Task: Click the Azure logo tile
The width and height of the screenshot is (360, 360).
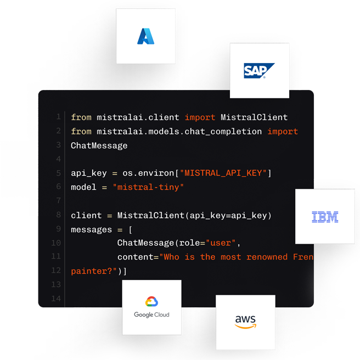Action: tap(146, 36)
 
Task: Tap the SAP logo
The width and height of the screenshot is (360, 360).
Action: tap(259, 71)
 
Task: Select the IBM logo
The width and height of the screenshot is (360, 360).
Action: tap(325, 217)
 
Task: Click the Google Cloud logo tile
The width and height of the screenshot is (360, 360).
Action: tap(151, 307)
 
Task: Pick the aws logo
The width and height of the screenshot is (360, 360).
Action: tap(245, 322)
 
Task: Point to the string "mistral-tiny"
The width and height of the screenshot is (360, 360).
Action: tap(148, 187)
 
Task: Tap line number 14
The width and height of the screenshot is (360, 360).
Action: tap(57, 299)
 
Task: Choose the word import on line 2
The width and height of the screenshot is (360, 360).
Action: tap(283, 131)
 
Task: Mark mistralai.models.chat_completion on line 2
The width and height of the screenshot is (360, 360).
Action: tap(179, 131)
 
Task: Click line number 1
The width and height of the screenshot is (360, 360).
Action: tap(59, 117)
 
